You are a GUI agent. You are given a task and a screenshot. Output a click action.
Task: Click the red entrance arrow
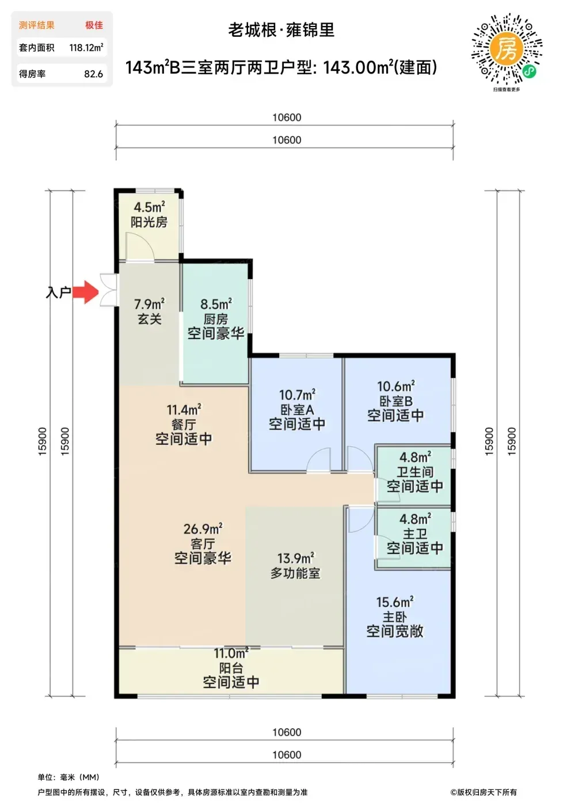[x=86, y=292]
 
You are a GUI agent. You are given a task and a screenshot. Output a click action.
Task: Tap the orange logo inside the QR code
[x=507, y=50]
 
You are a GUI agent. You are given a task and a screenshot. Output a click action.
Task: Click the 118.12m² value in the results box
[x=86, y=47]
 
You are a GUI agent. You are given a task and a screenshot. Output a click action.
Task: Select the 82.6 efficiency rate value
[x=93, y=74]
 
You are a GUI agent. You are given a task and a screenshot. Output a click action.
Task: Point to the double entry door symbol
[x=109, y=290]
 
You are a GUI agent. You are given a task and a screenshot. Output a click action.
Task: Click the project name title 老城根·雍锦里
[x=281, y=30]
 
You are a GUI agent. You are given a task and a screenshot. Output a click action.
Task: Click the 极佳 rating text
[x=94, y=25]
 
